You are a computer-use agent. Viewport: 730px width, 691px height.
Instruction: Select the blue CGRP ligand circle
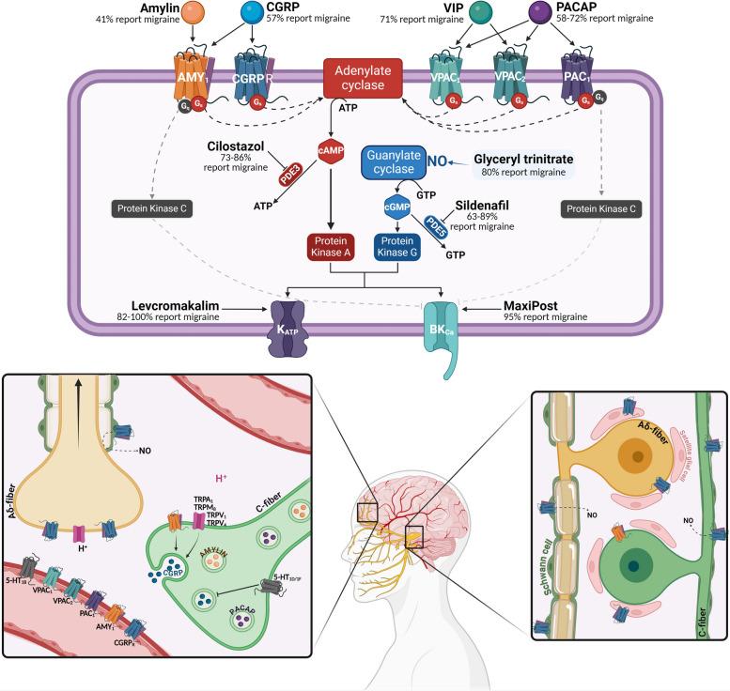point(253,13)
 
